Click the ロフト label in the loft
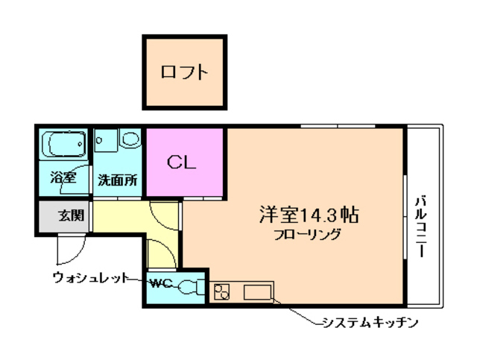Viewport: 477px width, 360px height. point(183,72)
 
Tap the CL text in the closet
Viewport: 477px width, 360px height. point(181,162)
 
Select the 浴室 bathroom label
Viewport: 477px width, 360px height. point(63,178)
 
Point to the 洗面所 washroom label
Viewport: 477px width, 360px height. point(117,180)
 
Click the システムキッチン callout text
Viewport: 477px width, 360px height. point(367,323)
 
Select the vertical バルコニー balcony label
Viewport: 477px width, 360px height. point(421,226)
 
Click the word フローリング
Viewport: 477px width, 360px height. point(306,234)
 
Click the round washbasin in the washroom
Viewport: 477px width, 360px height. point(130,139)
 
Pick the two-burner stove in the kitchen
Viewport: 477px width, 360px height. point(221,291)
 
